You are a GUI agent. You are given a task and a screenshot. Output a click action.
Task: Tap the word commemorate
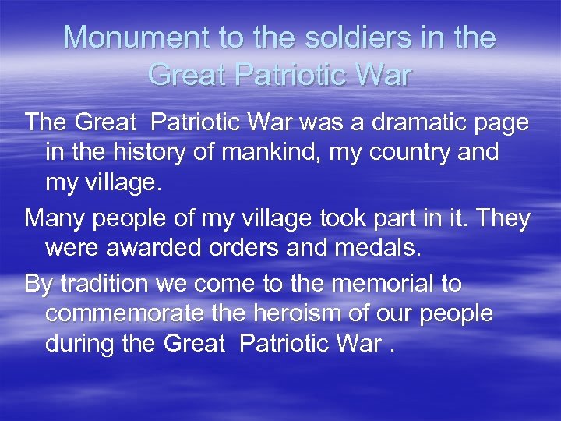127,313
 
